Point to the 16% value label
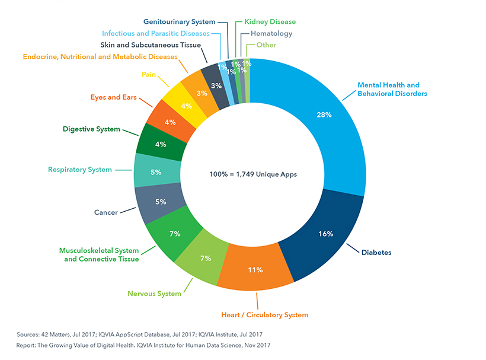[x=326, y=234]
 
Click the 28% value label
[x=324, y=114]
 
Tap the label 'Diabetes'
[x=376, y=252]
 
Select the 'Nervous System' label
[x=154, y=294]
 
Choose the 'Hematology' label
[x=271, y=34]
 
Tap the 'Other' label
[x=266, y=45]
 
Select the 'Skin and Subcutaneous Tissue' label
[x=155, y=45]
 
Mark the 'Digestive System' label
[x=91, y=129]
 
